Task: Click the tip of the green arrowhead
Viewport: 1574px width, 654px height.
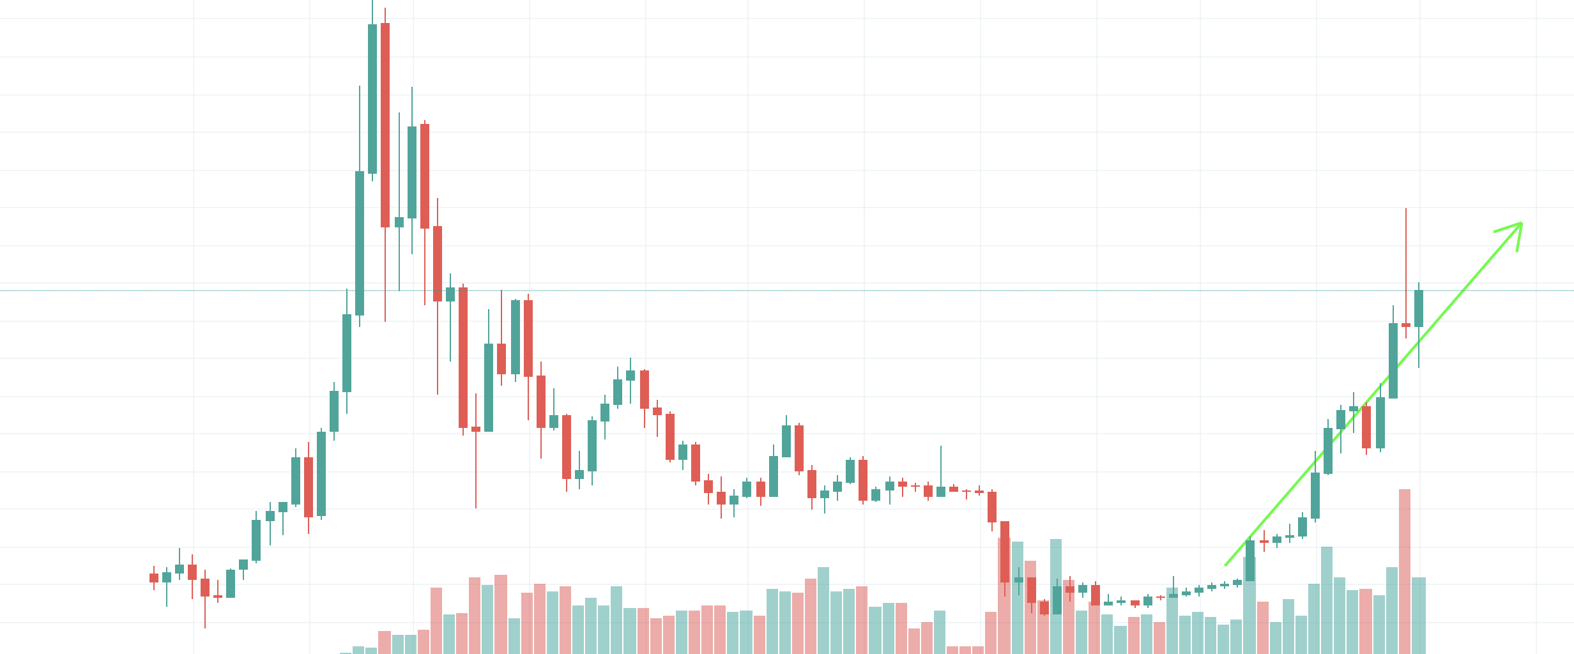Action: click(x=1522, y=223)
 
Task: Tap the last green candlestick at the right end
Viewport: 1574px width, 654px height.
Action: click(x=1419, y=309)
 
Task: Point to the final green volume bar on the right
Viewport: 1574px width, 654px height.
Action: click(x=1419, y=614)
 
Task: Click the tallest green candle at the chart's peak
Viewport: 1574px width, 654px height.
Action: click(x=372, y=99)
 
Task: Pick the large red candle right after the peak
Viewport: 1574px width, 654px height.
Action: click(x=385, y=125)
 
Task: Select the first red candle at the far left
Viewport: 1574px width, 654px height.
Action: click(x=154, y=578)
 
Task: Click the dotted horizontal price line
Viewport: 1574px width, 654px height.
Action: click(x=767, y=291)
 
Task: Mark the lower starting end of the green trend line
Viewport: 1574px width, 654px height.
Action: click(x=1225, y=565)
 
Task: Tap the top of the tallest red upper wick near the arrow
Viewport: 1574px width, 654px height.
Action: click(x=1406, y=209)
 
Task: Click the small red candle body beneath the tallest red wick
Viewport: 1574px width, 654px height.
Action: click(x=1406, y=325)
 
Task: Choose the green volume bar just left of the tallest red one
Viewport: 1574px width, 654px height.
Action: click(x=1392, y=609)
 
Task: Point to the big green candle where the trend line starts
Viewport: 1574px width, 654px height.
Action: click(x=1250, y=561)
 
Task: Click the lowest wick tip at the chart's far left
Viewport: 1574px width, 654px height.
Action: click(x=205, y=628)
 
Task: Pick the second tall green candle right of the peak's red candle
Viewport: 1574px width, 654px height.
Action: click(x=412, y=172)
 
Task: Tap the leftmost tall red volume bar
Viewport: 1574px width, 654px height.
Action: click(x=436, y=620)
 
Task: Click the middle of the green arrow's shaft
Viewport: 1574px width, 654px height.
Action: click(x=1373, y=394)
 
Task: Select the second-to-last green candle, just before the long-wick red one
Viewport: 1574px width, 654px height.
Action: click(x=1393, y=361)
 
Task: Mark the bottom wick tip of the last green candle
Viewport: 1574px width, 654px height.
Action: click(x=1419, y=367)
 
